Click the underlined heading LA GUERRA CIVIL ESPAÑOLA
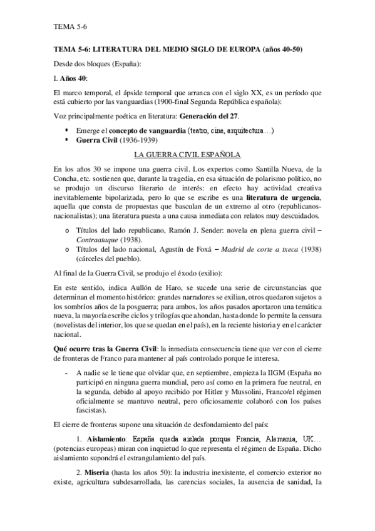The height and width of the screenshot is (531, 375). coord(188,154)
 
